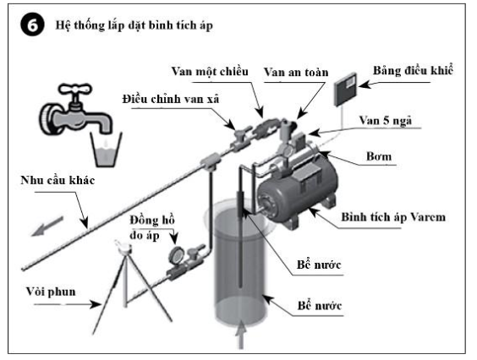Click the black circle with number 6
click(32, 25)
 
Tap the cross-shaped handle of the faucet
click(74, 89)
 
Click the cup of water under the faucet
click(106, 150)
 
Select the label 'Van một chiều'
click(210, 72)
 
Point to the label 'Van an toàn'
click(296, 73)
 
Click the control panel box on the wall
click(346, 90)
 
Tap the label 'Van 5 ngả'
click(385, 121)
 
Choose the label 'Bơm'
click(379, 156)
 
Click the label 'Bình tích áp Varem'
click(393, 217)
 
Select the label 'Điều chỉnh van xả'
click(171, 99)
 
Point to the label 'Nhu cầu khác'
click(58, 180)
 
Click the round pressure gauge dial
click(176, 255)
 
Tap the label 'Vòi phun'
click(51, 292)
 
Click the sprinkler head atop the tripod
click(123, 246)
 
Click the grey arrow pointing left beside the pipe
click(47, 226)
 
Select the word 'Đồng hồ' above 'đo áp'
click(152, 220)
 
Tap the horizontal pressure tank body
click(297, 192)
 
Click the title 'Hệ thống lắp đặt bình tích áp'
click(134, 25)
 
